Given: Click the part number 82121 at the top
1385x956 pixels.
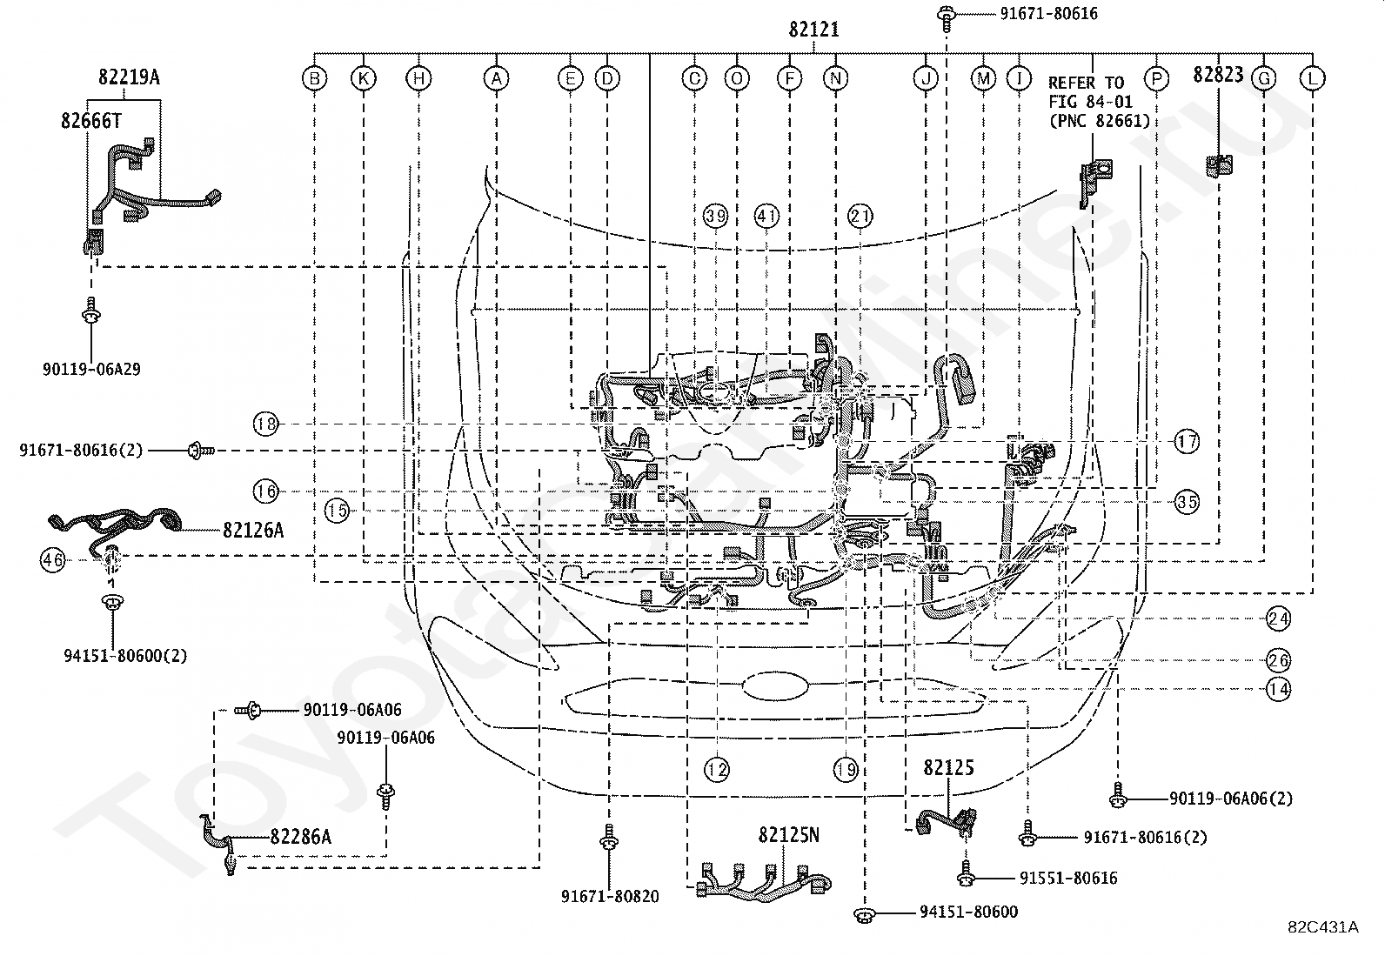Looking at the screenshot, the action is (813, 29).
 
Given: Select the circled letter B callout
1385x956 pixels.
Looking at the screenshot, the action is (315, 78).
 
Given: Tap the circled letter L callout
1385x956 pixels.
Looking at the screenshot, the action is (1312, 78).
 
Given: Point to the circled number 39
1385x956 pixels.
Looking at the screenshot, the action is (715, 216).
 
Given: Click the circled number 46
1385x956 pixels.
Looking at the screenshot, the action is (52, 560).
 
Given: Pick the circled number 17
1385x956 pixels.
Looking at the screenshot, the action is (1187, 442).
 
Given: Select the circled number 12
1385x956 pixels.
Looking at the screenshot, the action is (717, 769).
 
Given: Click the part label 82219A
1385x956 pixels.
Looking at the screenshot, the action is (129, 77).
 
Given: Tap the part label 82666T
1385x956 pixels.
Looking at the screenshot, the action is (90, 121).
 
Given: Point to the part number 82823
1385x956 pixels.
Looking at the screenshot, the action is (1218, 75).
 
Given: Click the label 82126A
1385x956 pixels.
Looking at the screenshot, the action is (253, 530).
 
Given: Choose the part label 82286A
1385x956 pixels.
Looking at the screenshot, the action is (300, 837).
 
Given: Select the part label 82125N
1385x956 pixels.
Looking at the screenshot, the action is (788, 835).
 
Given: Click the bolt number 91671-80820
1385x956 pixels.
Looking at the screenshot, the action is (610, 896).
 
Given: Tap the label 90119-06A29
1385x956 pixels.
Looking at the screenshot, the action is (91, 369).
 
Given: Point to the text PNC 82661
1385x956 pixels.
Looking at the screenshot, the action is (1100, 121).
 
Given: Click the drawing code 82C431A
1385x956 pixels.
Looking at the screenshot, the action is (1322, 927).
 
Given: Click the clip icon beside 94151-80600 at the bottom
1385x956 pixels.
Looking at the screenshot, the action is (864, 914).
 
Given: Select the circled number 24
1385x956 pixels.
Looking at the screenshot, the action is (1278, 618).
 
